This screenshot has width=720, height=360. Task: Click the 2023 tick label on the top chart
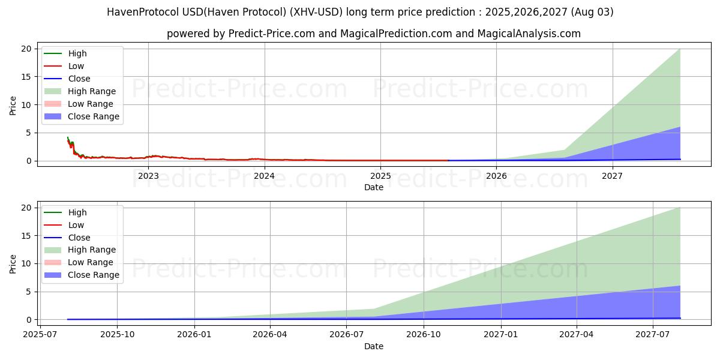point(148,176)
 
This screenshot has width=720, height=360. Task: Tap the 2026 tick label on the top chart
point(496,176)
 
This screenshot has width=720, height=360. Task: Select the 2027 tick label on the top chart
point(612,176)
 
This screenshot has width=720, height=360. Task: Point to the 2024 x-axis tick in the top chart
point(264,176)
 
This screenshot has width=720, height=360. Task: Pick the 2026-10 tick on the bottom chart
point(424,334)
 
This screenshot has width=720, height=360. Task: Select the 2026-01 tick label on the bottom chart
point(194,334)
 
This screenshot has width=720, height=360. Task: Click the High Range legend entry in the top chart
point(92,91)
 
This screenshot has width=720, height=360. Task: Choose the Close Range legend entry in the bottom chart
point(93,275)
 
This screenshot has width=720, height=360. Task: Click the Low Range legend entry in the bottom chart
point(90,262)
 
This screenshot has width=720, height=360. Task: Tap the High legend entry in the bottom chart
point(77,212)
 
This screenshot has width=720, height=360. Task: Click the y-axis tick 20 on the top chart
point(25,49)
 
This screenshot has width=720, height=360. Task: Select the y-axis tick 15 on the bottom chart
point(25,235)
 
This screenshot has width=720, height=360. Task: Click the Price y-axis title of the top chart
point(13,105)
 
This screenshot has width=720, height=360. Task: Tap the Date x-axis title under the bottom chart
point(373,346)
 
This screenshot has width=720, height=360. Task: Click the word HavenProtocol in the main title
point(136,12)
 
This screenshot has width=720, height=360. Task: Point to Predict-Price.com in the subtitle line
point(271,34)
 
